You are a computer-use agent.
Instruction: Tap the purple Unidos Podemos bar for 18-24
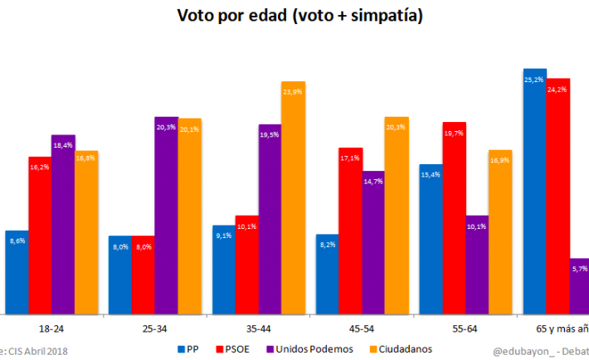[x=63, y=224]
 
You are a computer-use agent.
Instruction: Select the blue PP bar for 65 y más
[x=535, y=191]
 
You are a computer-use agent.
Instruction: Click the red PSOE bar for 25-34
[x=144, y=275]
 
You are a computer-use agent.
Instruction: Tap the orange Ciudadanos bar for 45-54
[x=397, y=216]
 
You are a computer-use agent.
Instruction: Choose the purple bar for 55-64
[x=477, y=265]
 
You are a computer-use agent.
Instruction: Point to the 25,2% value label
[x=534, y=80]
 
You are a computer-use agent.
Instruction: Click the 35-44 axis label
[x=258, y=329]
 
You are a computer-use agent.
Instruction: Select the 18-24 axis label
[x=51, y=329]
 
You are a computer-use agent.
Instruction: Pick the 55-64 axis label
[x=465, y=329]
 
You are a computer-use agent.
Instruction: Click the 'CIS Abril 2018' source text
[x=37, y=351]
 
